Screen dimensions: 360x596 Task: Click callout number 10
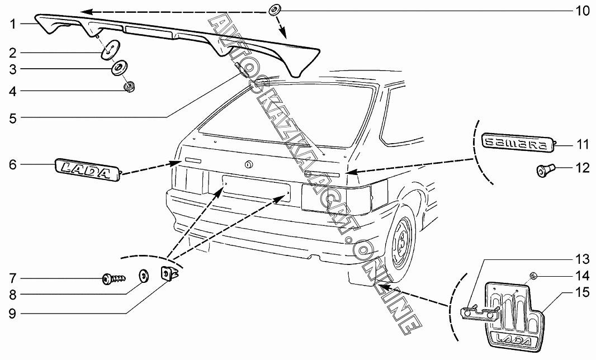[582, 11]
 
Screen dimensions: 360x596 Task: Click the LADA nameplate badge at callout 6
[87, 168]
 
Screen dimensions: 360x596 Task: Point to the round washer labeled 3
[119, 69]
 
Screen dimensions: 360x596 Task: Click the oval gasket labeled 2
[109, 49]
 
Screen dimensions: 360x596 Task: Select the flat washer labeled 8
[144, 275]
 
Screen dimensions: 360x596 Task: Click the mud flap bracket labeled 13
[479, 314]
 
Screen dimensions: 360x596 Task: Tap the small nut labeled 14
[532, 276]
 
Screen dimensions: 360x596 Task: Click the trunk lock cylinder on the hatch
[249, 164]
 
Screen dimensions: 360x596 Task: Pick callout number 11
[582, 145]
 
